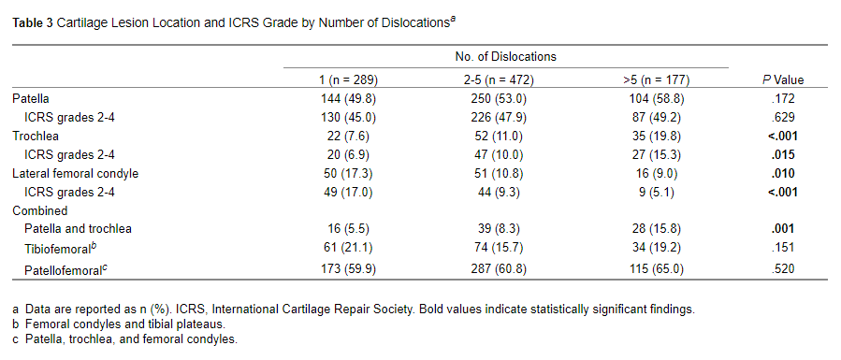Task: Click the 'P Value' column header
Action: [x=782, y=80]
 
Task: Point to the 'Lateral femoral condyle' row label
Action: [x=75, y=173]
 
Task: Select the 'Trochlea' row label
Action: [x=36, y=136]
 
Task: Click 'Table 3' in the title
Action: [x=32, y=22]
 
